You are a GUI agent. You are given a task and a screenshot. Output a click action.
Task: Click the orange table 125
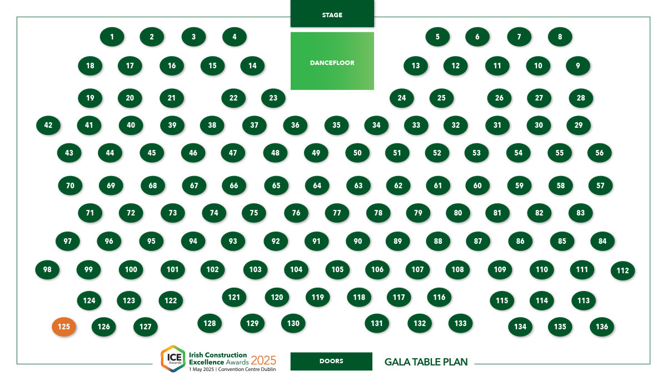[64, 327]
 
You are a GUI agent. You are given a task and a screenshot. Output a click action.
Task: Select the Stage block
[332, 14]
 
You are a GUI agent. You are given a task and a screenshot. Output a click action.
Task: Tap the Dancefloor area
[332, 61]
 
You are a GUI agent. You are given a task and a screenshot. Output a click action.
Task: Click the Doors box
[331, 362]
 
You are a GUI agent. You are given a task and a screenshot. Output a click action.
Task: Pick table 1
[112, 37]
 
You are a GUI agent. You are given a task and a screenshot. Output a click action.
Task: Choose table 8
[560, 37]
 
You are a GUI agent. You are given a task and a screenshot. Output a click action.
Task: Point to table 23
[273, 98]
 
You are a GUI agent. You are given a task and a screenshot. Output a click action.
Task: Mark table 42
[48, 125]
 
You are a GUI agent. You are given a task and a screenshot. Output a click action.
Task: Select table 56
[599, 153]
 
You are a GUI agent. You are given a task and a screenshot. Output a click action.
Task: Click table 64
[317, 186]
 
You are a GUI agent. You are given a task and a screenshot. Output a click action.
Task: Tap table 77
[337, 213]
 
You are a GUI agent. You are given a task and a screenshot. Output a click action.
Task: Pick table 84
[603, 241]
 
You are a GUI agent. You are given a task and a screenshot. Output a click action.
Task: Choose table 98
[47, 270]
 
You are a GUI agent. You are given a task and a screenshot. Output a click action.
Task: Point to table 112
[623, 270]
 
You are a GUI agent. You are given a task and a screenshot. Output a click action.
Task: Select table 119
[318, 298]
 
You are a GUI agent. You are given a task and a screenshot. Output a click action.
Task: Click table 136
[602, 327]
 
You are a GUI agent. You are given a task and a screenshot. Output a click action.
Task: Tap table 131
[377, 323]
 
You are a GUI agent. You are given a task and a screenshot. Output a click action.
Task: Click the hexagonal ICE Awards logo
[173, 359]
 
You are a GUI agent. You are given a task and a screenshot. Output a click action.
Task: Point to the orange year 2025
[263, 360]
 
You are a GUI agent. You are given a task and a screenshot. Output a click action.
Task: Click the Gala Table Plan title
[426, 362]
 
